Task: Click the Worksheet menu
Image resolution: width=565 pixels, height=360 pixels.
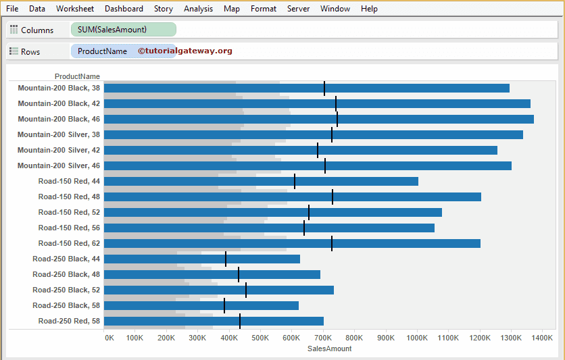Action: [75, 9]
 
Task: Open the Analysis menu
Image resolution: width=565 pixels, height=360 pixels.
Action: [198, 9]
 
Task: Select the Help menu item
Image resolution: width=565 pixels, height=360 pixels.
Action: [369, 9]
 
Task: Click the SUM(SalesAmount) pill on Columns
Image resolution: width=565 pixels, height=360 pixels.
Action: [123, 30]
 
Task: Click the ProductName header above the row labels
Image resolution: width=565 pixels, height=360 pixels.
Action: [77, 76]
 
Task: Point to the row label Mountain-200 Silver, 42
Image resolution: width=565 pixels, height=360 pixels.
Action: [59, 150]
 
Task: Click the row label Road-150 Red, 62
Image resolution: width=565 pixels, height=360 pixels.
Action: [69, 243]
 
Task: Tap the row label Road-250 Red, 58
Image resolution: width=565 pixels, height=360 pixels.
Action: [69, 321]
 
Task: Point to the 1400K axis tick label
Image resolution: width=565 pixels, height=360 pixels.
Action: [542, 337]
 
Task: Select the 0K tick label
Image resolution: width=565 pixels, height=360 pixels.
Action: [109, 337]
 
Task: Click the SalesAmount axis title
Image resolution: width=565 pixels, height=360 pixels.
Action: [329, 349]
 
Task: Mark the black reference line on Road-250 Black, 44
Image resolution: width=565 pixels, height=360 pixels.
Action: [226, 259]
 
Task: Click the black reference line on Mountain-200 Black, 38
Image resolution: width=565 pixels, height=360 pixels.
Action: [324, 88]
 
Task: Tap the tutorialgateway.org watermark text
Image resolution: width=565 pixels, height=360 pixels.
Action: [185, 51]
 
